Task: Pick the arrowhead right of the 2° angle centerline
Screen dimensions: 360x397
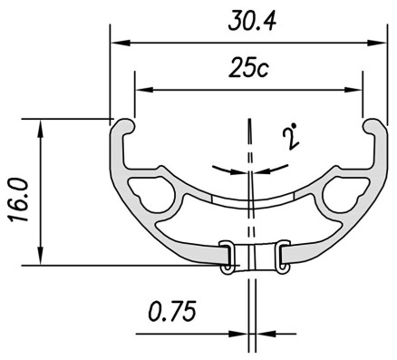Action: click(x=261, y=169)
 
